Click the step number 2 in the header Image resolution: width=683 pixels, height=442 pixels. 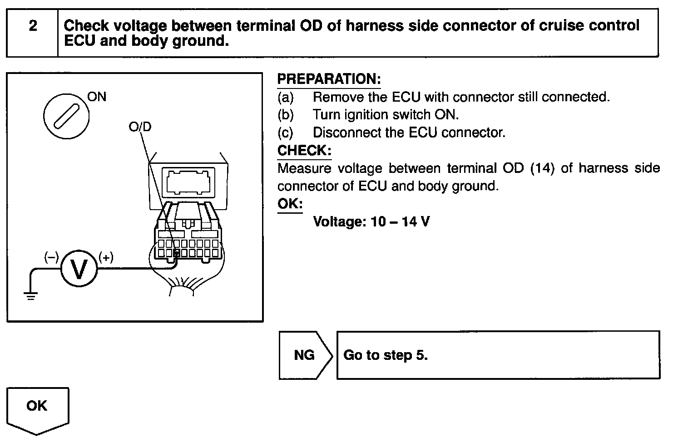(x=33, y=26)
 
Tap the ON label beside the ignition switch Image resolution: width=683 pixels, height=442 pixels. (x=96, y=97)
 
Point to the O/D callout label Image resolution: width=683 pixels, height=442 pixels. (x=140, y=127)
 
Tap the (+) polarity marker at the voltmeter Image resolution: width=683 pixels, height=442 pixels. (x=106, y=258)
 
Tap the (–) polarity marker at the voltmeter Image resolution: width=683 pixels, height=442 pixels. (x=51, y=258)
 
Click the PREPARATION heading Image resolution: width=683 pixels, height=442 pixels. (x=328, y=79)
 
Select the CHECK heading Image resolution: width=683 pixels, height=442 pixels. (x=304, y=150)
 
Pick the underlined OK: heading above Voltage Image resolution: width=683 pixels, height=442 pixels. (x=290, y=204)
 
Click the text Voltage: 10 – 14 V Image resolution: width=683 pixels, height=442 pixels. (x=371, y=222)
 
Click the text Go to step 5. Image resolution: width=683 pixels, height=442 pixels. (x=386, y=355)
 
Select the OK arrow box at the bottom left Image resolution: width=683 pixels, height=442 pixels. (x=37, y=406)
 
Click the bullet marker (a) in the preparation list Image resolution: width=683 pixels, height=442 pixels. (x=285, y=97)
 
